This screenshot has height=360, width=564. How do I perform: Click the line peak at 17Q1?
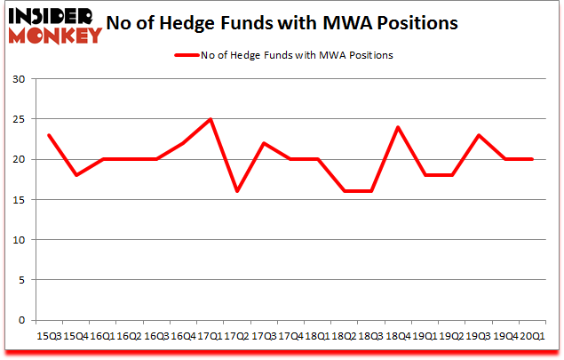point(210,119)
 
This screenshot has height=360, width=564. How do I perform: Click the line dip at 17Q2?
point(236,191)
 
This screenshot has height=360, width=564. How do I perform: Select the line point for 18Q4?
point(397,127)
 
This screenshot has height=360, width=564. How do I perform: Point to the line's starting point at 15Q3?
point(49,135)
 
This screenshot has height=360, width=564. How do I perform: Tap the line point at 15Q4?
point(75,175)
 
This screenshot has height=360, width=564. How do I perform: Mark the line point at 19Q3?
point(478,135)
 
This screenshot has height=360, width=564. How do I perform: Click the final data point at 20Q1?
point(531,159)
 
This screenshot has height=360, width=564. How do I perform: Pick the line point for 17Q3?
point(263,143)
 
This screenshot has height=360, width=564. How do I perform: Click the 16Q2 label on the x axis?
point(130,337)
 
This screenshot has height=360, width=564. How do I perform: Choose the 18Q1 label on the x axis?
point(317,337)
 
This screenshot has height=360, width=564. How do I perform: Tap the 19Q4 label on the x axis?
point(504,337)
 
